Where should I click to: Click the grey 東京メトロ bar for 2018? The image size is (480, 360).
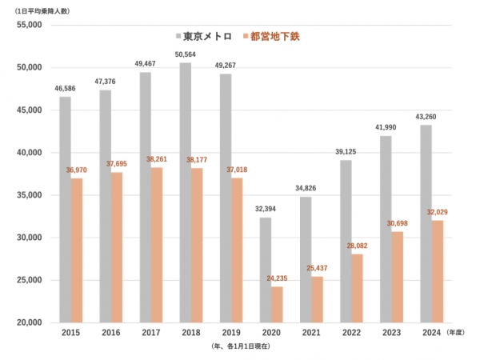pos(186,192)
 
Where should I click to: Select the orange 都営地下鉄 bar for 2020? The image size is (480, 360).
pos(277,304)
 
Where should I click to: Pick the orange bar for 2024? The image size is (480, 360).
pos(438,271)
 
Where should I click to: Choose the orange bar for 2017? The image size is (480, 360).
pos(157,245)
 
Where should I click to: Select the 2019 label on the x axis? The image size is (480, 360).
pos(230,334)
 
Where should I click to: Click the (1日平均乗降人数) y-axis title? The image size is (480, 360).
pos(42,9)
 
